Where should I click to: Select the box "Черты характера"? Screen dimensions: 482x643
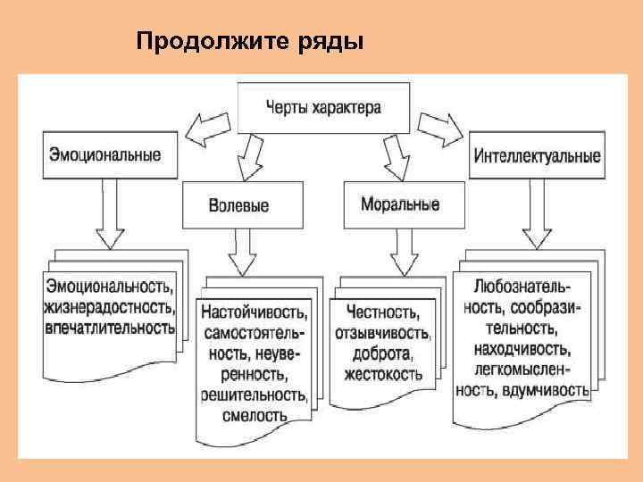pyautogui.click(x=322, y=107)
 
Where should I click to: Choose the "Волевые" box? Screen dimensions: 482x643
pyautogui.click(x=238, y=205)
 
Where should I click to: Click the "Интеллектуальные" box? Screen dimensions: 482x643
pyautogui.click(x=537, y=155)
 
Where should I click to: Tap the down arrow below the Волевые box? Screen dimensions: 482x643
pyautogui.click(x=243, y=254)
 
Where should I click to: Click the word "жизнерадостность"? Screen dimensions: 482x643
pyautogui.click(x=109, y=306)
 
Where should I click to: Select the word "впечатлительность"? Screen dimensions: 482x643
pyautogui.click(x=109, y=327)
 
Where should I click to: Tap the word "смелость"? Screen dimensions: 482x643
pyautogui.click(x=257, y=415)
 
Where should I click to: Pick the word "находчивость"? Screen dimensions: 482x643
pyautogui.click(x=523, y=348)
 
